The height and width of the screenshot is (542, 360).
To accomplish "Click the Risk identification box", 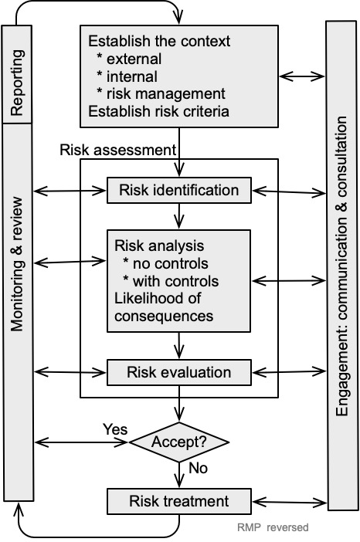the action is (x=178, y=190).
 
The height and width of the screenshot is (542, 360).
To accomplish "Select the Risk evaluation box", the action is (x=178, y=372).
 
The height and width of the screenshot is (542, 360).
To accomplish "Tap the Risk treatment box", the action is (x=178, y=501).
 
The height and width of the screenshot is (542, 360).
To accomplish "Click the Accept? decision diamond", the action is (x=178, y=442).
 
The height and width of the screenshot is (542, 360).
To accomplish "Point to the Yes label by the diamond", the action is (x=115, y=429).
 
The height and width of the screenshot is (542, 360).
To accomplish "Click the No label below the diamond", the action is (x=199, y=469).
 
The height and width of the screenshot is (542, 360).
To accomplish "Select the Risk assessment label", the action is (x=118, y=150).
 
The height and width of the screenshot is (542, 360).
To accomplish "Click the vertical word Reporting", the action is (x=17, y=83).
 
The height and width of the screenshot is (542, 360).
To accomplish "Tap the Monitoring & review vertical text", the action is (x=17, y=264).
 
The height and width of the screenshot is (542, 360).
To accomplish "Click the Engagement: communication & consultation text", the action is (x=341, y=266).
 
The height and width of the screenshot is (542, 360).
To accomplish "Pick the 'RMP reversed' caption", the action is (x=273, y=527).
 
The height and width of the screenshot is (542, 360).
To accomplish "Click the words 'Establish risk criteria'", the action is (x=158, y=111).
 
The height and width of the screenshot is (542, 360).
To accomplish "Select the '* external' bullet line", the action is (x=129, y=59).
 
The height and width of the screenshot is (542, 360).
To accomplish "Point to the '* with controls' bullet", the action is (x=171, y=281).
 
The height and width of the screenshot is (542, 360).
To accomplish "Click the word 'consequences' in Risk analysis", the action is (x=164, y=317).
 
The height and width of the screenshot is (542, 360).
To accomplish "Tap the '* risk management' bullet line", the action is (x=161, y=93).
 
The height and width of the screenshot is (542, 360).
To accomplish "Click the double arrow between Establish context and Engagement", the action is (x=302, y=76).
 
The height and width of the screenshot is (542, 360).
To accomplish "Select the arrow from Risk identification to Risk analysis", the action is (x=178, y=215).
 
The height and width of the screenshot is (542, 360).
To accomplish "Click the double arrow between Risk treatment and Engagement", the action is (x=289, y=502).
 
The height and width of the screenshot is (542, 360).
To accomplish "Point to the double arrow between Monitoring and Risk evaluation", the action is (x=70, y=372).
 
